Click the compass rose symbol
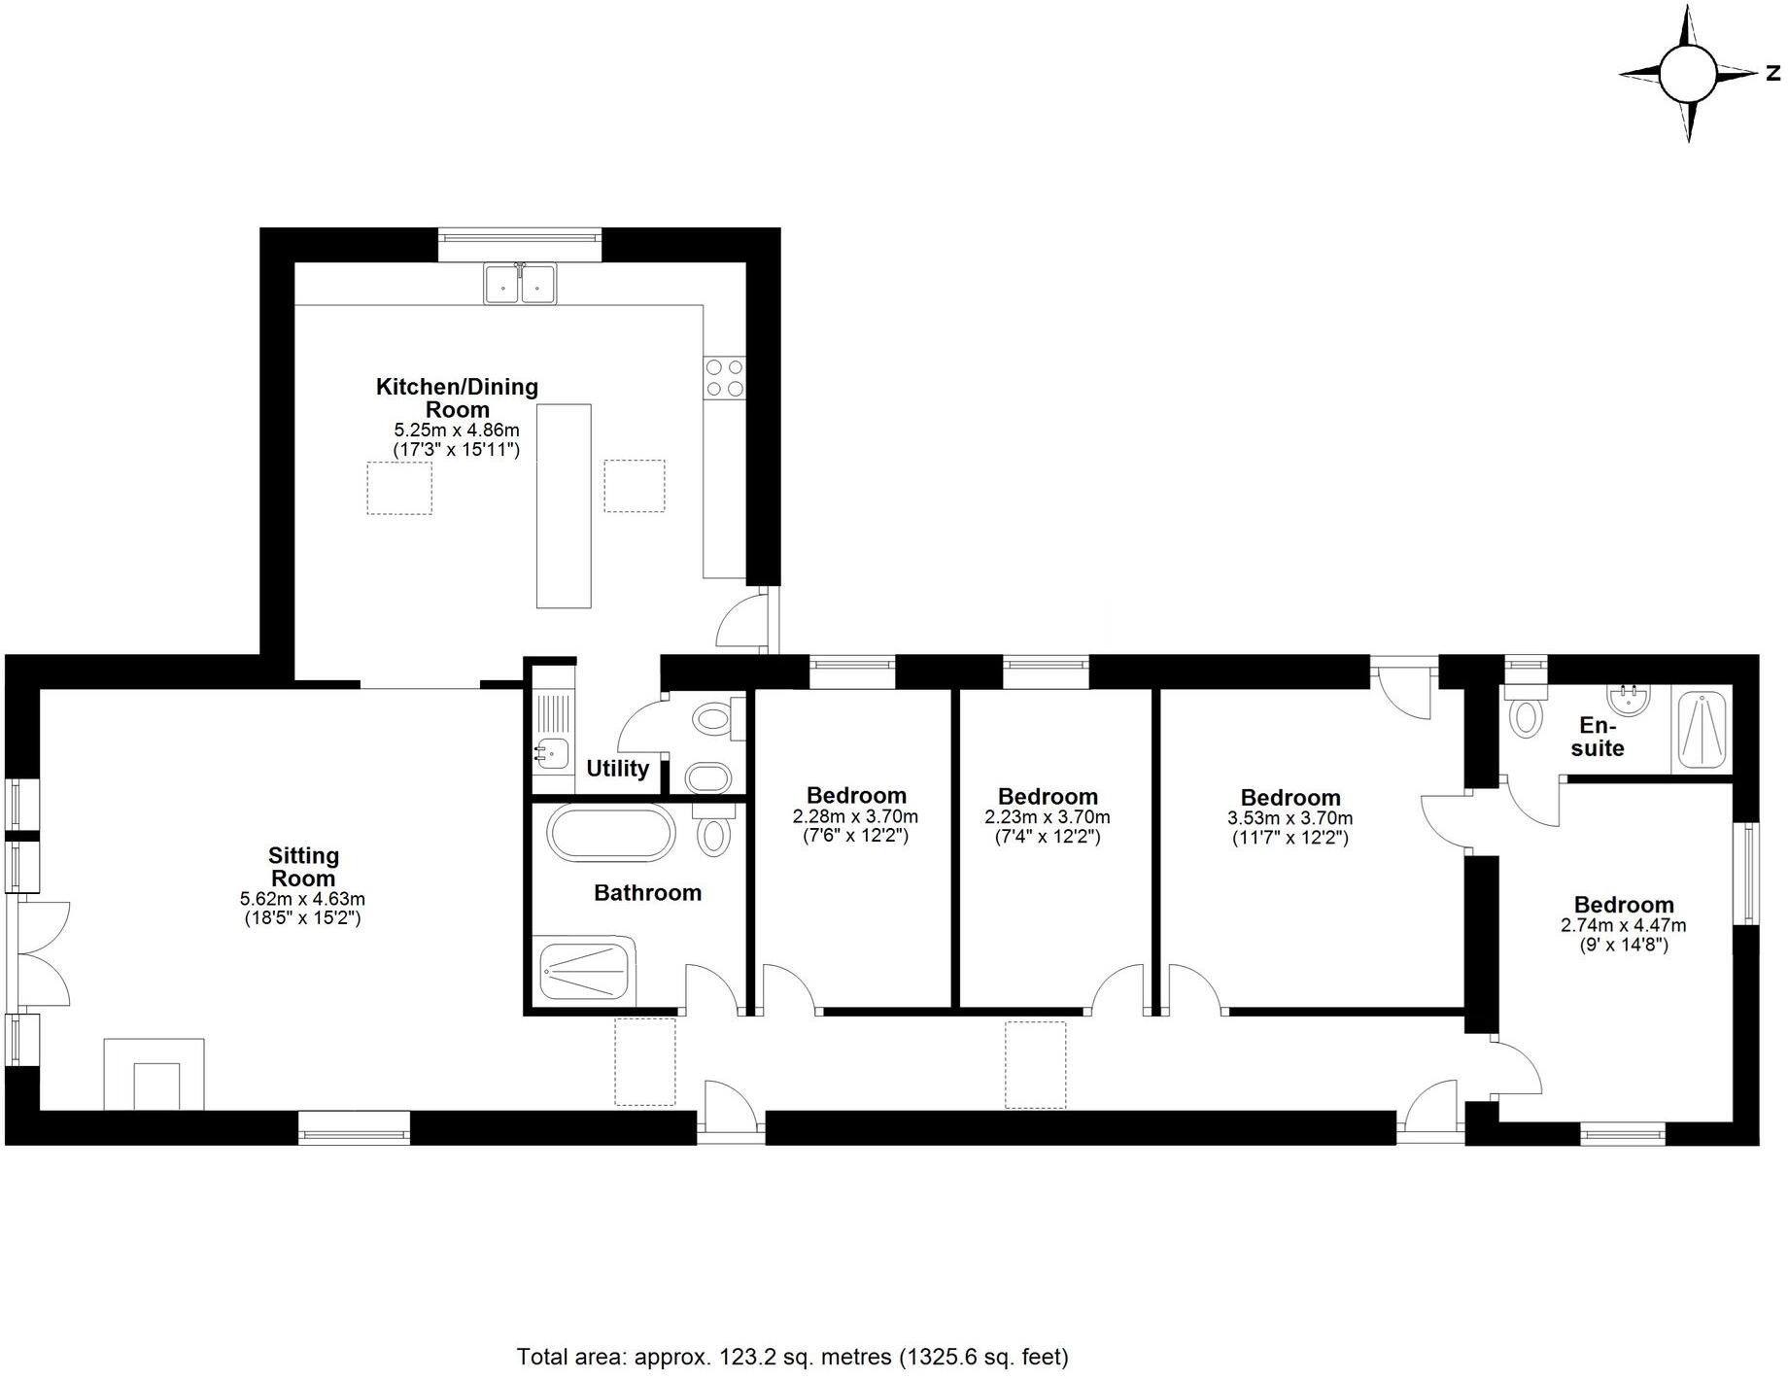click(x=1689, y=74)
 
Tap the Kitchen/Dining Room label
click(x=457, y=397)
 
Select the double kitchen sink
click(x=520, y=283)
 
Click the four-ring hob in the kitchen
click(x=725, y=378)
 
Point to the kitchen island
click(x=564, y=505)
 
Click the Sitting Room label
click(x=303, y=867)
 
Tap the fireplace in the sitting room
click(x=155, y=1075)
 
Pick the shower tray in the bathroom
click(x=584, y=970)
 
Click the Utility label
click(x=617, y=769)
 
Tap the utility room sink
click(x=550, y=752)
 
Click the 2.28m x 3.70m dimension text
click(x=855, y=817)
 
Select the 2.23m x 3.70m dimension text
click(x=1047, y=817)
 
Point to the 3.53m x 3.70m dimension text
click(x=1289, y=818)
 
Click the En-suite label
click(x=1598, y=737)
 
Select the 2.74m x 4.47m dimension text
click(x=1623, y=925)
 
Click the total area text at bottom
click(x=792, y=1356)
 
